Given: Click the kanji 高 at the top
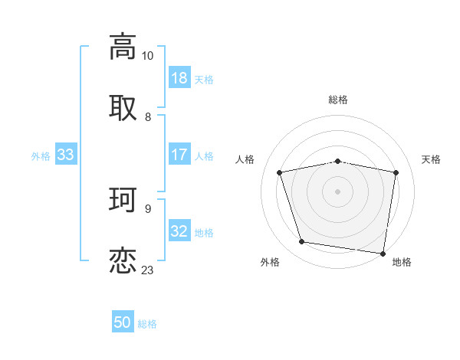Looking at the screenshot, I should click(x=123, y=47).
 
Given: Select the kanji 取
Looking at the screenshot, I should click(x=123, y=108).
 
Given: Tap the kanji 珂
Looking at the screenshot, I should click(x=123, y=199).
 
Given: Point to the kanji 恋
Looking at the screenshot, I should click(x=123, y=260).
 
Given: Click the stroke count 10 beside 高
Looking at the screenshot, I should click(x=147, y=56).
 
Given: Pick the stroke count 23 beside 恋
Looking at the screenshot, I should click(x=147, y=270).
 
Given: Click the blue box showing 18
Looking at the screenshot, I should click(x=179, y=78).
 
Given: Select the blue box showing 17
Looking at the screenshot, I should click(x=179, y=155).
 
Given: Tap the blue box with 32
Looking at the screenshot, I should click(x=179, y=231).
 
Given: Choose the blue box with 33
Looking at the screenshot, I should click(x=65, y=155).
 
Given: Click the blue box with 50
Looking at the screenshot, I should click(x=123, y=322).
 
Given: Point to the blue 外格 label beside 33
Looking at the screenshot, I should click(x=41, y=156).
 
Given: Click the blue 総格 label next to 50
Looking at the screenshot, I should click(x=147, y=324).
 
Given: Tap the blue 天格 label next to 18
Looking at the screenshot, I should click(x=204, y=80).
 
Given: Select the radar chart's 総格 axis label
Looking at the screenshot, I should click(x=338, y=100).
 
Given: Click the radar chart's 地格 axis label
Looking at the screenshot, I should click(x=402, y=263).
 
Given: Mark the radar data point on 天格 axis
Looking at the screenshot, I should click(x=396, y=172).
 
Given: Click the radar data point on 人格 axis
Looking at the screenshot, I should click(x=281, y=172).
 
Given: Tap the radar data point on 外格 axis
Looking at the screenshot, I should click(x=302, y=242).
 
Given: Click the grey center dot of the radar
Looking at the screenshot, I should click(x=338, y=191).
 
